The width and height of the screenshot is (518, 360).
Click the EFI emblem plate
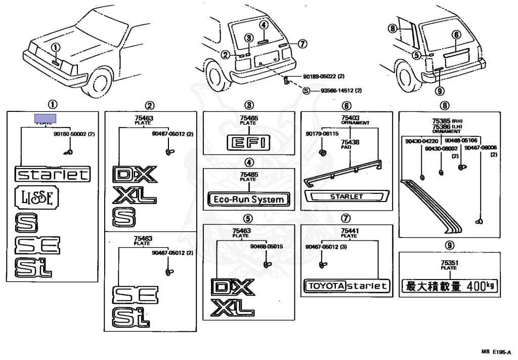point(248,142)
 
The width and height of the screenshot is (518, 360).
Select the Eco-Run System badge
point(248,199)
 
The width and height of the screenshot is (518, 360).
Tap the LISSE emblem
point(37,197)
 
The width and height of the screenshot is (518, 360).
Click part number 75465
point(248,118)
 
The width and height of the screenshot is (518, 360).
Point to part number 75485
point(248,175)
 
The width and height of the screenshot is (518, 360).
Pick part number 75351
point(449,263)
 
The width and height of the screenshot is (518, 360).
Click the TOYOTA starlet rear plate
point(347,286)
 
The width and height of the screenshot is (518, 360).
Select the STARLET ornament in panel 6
point(347,196)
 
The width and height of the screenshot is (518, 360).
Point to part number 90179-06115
point(322,134)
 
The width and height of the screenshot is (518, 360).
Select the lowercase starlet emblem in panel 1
point(53,175)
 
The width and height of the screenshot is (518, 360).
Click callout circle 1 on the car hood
point(56,47)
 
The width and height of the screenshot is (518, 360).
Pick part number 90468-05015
point(266,246)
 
